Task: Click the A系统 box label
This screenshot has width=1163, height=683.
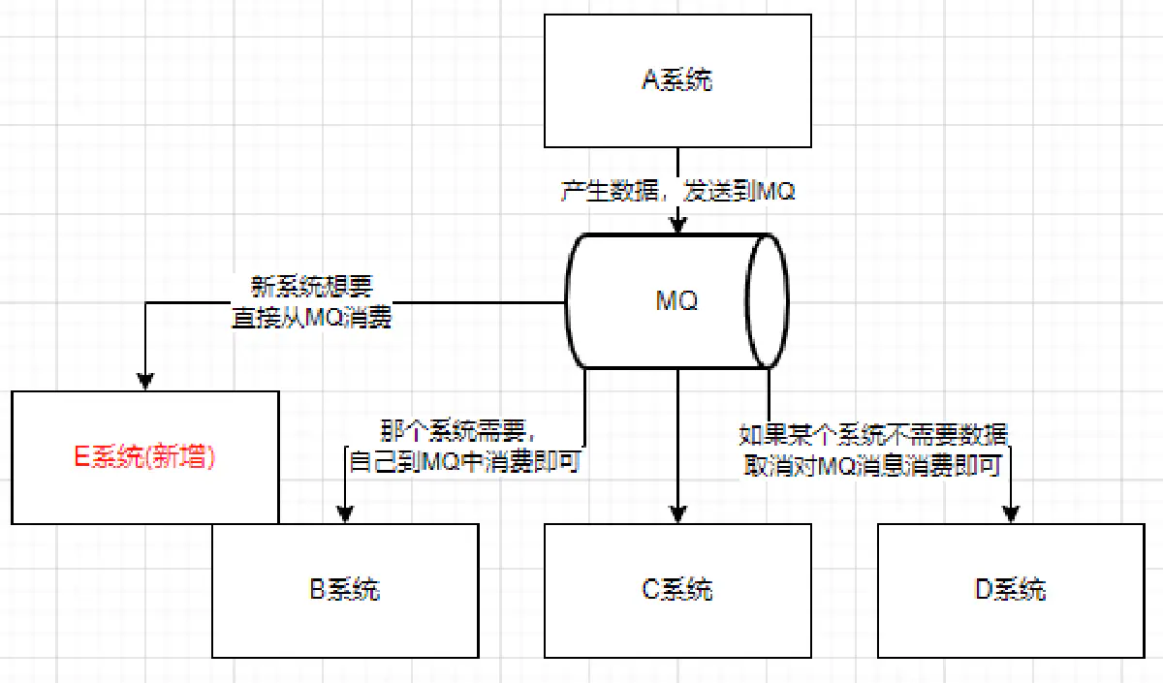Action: [677, 79]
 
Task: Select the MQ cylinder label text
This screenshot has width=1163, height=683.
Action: [676, 301]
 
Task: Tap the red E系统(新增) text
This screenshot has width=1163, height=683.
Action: [145, 458]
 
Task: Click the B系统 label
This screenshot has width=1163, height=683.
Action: [345, 589]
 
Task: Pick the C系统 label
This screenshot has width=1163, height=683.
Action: [677, 589]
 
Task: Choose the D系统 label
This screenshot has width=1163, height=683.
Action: [1011, 589]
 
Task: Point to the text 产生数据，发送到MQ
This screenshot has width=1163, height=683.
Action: [677, 192]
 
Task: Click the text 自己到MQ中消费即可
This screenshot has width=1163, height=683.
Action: [463, 461]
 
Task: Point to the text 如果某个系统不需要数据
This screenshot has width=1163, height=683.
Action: [872, 433]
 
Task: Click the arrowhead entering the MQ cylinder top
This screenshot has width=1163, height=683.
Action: [677, 225]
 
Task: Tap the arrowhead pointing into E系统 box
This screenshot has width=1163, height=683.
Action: [145, 382]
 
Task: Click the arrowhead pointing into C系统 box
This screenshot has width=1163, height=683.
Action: [677, 514]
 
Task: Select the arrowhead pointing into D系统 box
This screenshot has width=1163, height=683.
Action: [1012, 514]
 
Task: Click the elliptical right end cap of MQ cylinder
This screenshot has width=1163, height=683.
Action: [766, 301]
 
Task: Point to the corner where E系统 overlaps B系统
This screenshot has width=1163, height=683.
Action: [278, 524]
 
